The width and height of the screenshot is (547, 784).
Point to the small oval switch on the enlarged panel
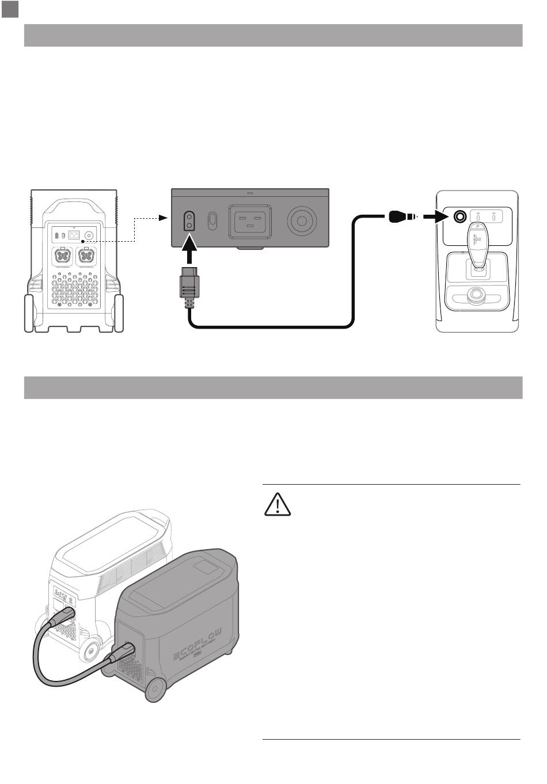pyautogui.click(x=212, y=220)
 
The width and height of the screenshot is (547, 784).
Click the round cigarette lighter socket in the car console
pyautogui.click(x=460, y=217)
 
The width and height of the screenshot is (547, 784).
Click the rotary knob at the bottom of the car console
pyautogui.click(x=475, y=297)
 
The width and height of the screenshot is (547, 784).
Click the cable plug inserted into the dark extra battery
pyautogui.click(x=124, y=652)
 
